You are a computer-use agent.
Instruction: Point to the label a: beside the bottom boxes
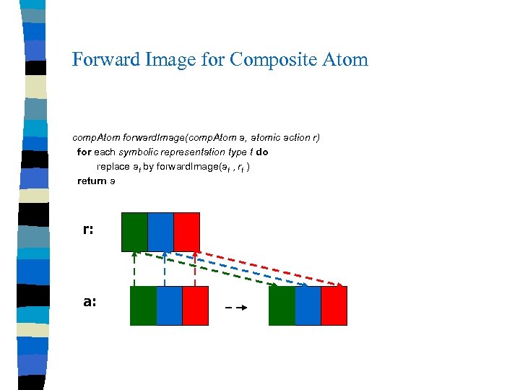pos(90,302)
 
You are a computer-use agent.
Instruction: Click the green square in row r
pos(134,231)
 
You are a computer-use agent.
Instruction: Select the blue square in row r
pos(160,231)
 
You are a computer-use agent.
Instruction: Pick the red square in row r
pos(186,231)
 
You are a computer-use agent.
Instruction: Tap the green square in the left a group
pos(143,305)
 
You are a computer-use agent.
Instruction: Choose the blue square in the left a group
pos(169,305)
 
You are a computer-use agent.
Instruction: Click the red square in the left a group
pos(195,305)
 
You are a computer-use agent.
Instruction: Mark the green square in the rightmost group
pos(282,305)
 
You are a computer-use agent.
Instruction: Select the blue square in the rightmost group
pos(308,305)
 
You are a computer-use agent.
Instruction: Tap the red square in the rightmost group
pos(334,305)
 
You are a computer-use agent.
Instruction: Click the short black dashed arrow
pos(237,308)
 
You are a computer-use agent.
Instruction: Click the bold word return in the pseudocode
pos(92,181)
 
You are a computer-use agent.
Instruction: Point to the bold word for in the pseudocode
pos(84,152)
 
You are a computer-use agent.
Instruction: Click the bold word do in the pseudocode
pos(261,152)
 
